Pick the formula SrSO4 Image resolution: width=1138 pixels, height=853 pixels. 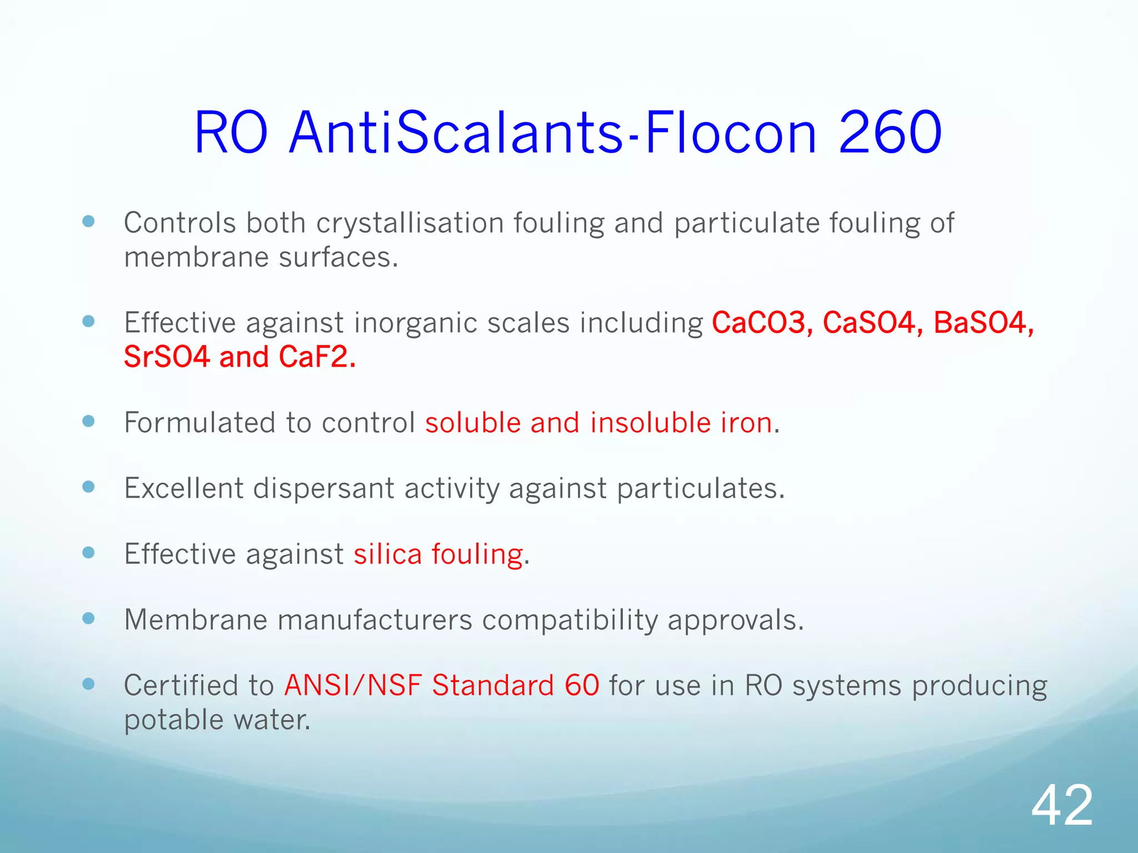coord(167,357)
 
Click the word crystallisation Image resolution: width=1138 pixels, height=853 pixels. coord(410,223)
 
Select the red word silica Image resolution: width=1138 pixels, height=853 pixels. coord(388,554)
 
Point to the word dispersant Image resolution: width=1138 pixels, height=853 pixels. coord(324,489)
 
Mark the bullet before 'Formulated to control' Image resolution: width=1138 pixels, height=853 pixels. coord(88,421)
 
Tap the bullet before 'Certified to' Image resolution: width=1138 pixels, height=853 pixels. coord(88,684)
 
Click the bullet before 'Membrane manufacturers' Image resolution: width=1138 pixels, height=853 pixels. coord(88,618)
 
